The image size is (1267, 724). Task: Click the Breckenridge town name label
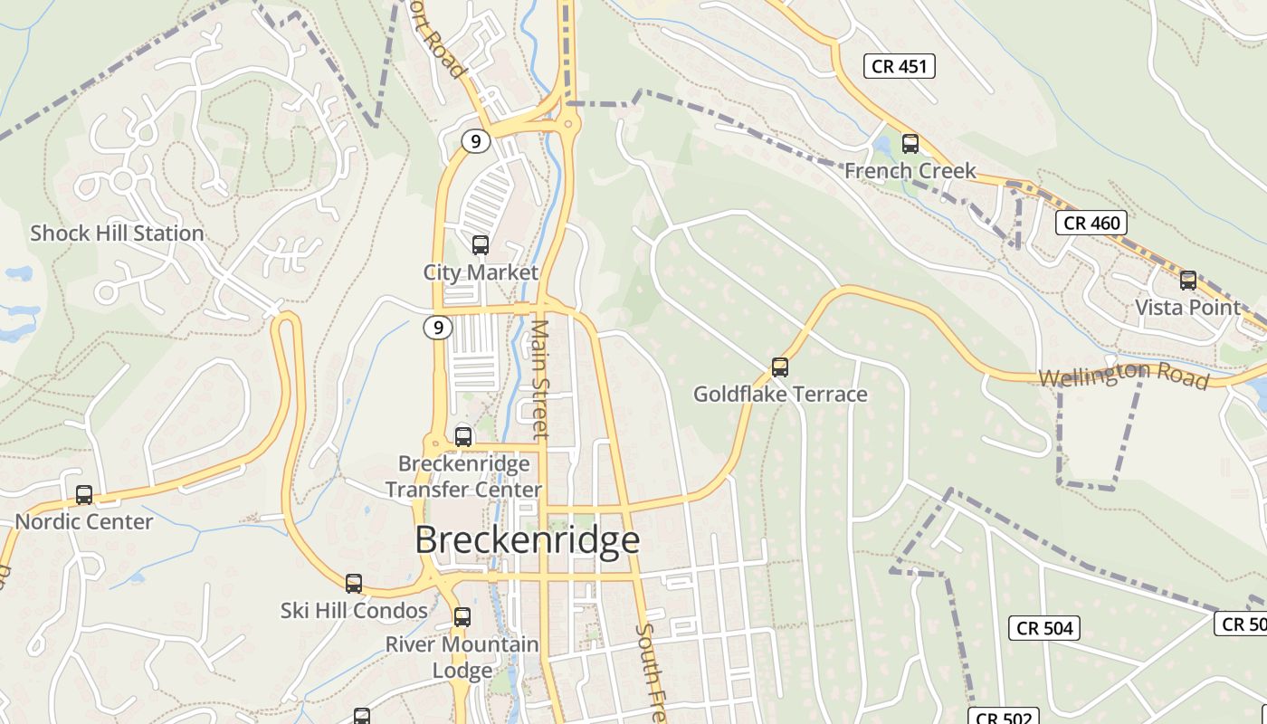coord(528,540)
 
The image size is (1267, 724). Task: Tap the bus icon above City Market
coord(481,245)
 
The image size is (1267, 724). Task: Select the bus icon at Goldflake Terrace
coord(780,367)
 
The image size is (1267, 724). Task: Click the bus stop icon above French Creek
coord(910,144)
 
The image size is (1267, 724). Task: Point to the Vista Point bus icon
coord(1188,281)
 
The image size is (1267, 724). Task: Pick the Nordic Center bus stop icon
coord(84,495)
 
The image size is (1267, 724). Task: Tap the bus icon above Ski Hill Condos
coord(354,584)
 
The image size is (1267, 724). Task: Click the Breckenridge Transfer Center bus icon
coord(463,437)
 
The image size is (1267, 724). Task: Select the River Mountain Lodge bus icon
coord(462,617)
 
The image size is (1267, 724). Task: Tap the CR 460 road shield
coord(1091,223)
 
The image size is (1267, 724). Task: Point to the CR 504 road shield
coord(1044,628)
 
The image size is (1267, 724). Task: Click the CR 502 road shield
coord(1005,718)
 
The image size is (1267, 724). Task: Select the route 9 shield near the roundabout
coord(475,141)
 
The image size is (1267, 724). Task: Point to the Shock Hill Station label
coord(117,233)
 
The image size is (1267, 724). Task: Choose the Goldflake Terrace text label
coord(780,395)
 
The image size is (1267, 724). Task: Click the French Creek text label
coord(910,171)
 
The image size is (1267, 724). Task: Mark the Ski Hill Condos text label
coord(354,611)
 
